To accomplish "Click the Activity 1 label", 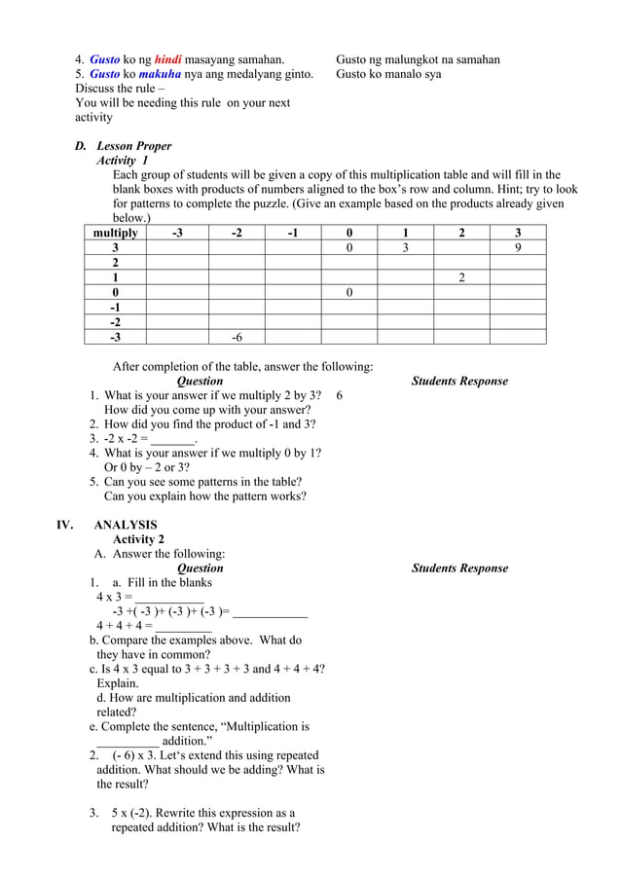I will [x=123, y=161].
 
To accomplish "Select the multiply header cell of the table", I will [x=115, y=233].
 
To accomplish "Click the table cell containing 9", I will [x=517, y=248].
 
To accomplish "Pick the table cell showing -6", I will [x=237, y=337].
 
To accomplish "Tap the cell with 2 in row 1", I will [x=460, y=277].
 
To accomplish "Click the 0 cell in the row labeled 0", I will [x=349, y=293].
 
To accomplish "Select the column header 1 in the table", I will [x=405, y=233].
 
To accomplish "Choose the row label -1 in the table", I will [x=115, y=308].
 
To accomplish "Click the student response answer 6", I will [x=339, y=396].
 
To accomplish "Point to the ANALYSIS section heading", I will [x=126, y=526].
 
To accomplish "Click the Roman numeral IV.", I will [x=64, y=526].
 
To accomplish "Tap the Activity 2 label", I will [x=138, y=539].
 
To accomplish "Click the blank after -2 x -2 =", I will [x=172, y=439].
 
